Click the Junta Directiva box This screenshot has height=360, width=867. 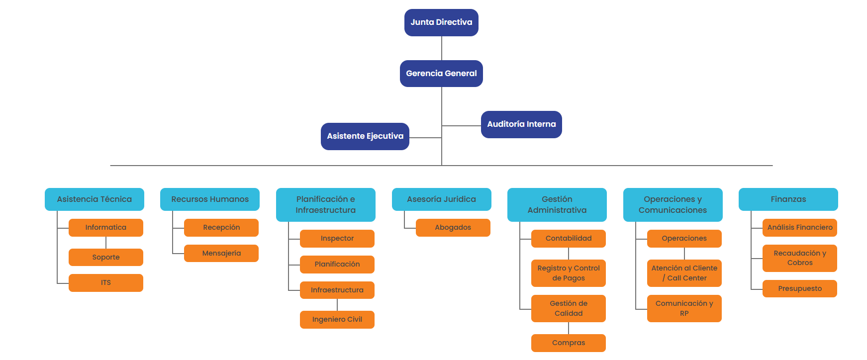pyautogui.click(x=441, y=22)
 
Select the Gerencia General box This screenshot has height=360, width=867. pyautogui.click(x=441, y=74)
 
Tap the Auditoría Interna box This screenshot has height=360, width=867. pyautogui.click(x=521, y=124)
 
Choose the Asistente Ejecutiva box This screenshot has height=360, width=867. pyautogui.click(x=365, y=136)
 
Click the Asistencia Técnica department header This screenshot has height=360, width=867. pyautogui.click(x=95, y=199)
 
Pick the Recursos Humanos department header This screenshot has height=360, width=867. pyautogui.click(x=210, y=199)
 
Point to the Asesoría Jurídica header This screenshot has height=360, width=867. pyautogui.click(x=441, y=199)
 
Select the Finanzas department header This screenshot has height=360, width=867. pyautogui.click(x=788, y=199)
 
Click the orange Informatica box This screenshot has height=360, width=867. pyautogui.click(x=106, y=228)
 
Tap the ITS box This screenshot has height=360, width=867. pyautogui.click(x=106, y=283)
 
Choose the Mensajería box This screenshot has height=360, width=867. pyautogui.click(x=221, y=254)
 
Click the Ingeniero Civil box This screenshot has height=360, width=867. pyautogui.click(x=337, y=320)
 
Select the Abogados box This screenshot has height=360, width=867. pyautogui.click(x=453, y=228)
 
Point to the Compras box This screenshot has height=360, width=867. pyautogui.click(x=569, y=343)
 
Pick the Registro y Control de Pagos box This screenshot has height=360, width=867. pyautogui.click(x=569, y=273)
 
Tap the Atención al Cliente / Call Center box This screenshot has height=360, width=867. pyautogui.click(x=684, y=273)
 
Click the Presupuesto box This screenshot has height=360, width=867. pyautogui.click(x=800, y=289)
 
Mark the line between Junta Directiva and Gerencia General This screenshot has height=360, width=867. pyautogui.click(x=442, y=48)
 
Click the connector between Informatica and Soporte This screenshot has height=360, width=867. pyautogui.click(x=106, y=243)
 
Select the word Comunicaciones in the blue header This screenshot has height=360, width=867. pyautogui.click(x=673, y=210)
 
